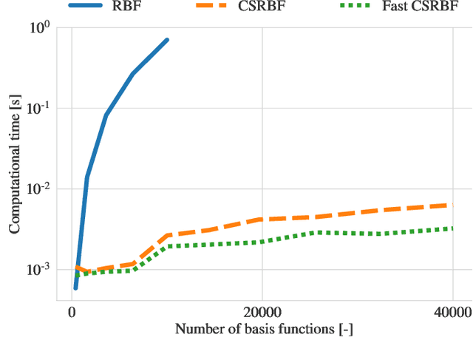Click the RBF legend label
tap(128, 7)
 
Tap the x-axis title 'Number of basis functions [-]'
tap(264, 330)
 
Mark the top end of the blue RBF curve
tap(167, 39)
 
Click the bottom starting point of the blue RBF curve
tap(75, 288)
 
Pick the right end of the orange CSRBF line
tap(452, 205)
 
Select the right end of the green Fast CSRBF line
tap(452, 228)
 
